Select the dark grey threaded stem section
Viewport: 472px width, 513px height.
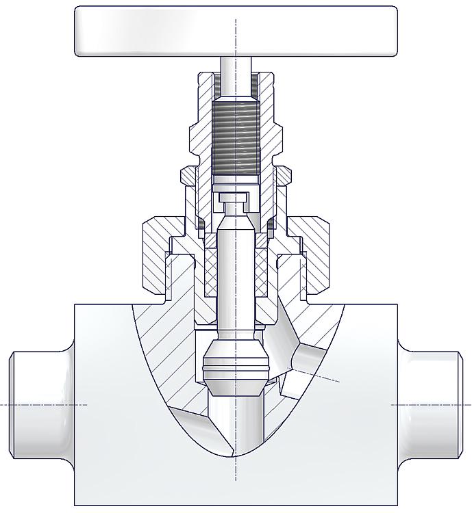click(x=236, y=137)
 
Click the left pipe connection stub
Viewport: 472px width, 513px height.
click(x=38, y=404)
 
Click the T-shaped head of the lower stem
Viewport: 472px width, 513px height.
click(x=235, y=200)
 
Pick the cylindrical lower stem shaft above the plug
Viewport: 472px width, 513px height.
click(x=235, y=274)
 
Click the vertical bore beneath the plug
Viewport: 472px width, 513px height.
click(x=235, y=424)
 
